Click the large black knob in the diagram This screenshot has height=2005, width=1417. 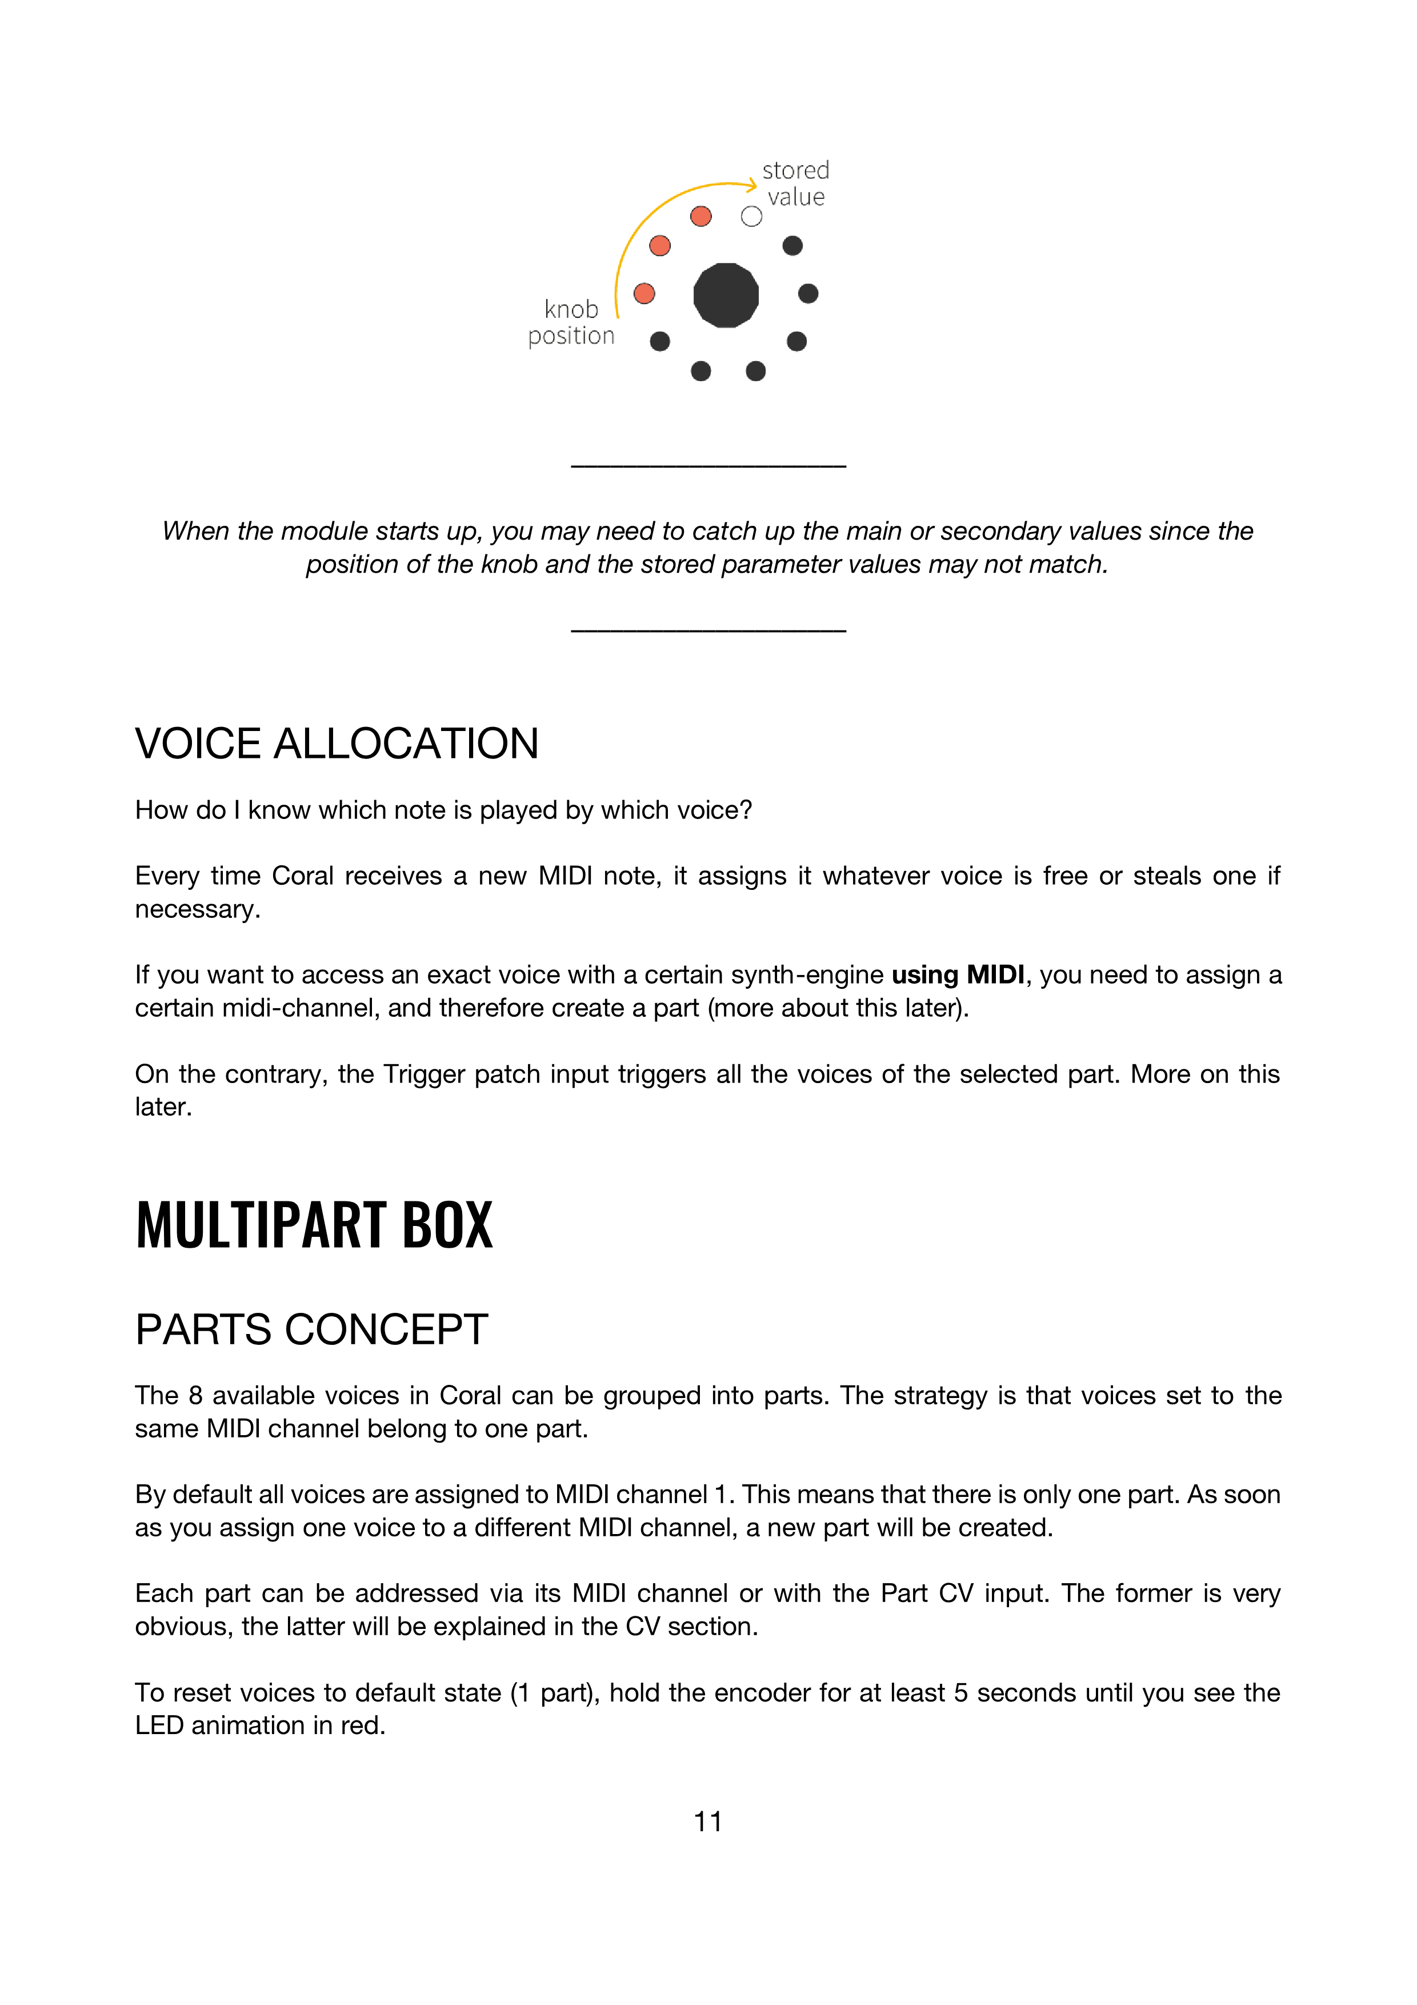click(x=726, y=295)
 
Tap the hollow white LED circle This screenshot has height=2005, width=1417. click(x=751, y=217)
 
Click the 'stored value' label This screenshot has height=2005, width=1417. click(x=795, y=183)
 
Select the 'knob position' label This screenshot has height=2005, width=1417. click(x=571, y=322)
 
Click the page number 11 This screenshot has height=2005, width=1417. click(x=707, y=1821)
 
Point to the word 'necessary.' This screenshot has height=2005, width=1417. click(x=197, y=910)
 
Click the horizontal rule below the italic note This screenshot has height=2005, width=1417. click(x=708, y=630)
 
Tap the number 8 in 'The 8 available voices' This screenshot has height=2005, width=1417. click(x=195, y=1396)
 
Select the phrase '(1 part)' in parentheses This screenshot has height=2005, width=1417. click(x=554, y=1694)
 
